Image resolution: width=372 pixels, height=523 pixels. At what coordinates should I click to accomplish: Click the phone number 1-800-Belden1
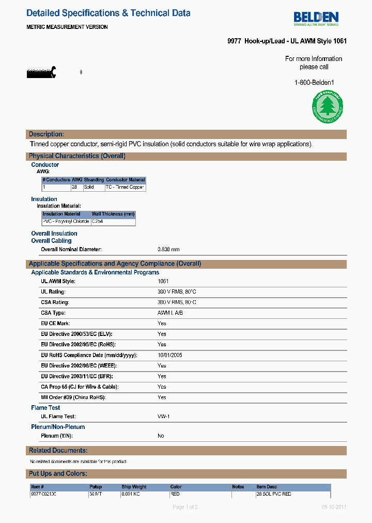[x=314, y=82]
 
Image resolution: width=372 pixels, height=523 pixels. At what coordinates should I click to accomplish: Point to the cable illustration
[x=41, y=73]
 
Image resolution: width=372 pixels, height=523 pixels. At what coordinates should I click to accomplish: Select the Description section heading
[x=47, y=134]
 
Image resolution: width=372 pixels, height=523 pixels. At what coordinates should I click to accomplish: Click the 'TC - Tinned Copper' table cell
[x=125, y=187]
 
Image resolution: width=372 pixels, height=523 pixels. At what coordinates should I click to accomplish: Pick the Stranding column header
[x=94, y=180]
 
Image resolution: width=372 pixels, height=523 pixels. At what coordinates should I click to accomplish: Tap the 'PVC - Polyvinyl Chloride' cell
[x=66, y=222]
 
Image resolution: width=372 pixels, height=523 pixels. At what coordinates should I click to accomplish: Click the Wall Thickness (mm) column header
[x=113, y=214]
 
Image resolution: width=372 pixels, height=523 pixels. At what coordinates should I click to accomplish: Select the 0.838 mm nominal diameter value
[x=168, y=250]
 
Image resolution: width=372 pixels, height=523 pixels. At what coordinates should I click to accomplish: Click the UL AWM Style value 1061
[x=163, y=281]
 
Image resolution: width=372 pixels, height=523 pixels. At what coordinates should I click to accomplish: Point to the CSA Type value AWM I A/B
[x=170, y=313]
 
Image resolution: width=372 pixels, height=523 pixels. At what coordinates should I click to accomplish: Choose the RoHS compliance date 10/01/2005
[x=169, y=356]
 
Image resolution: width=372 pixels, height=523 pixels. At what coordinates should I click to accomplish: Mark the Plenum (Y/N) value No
[x=161, y=436]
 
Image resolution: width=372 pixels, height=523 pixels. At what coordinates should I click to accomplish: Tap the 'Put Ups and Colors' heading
[x=58, y=474]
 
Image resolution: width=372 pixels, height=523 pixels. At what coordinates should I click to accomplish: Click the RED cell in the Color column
[x=176, y=494]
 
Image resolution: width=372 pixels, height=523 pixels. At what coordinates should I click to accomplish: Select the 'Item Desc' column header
[x=267, y=487]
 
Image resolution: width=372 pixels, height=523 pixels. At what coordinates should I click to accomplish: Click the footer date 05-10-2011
[x=333, y=507]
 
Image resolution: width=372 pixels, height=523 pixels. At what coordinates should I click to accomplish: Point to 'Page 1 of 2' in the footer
[x=185, y=507]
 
